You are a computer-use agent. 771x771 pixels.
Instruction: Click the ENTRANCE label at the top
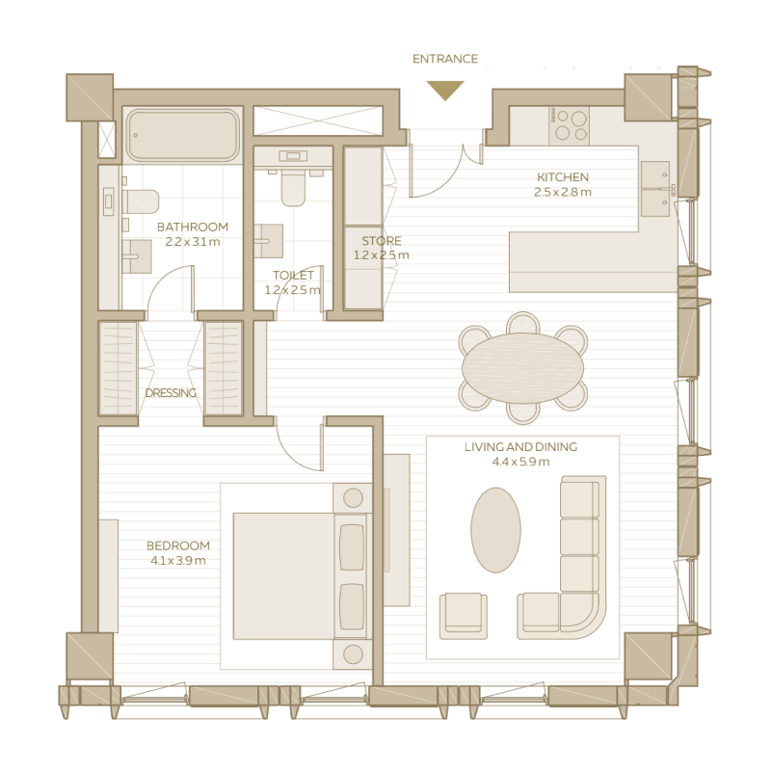[x=445, y=59]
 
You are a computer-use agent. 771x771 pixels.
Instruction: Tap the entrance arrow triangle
[x=445, y=90]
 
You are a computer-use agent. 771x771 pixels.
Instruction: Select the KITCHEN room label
[x=563, y=177]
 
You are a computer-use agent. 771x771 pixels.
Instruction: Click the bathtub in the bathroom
[x=182, y=135]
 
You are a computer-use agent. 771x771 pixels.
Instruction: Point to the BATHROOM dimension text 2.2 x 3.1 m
[x=193, y=242]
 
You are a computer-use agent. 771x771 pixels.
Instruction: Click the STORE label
[x=382, y=241]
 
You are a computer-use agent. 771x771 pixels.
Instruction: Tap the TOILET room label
[x=293, y=276]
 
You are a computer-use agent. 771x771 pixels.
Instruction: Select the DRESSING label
[x=171, y=393]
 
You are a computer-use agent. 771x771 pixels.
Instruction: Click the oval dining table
[x=522, y=367]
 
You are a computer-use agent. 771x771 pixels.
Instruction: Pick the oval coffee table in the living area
[x=495, y=529]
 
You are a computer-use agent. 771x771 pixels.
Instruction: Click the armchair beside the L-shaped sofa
[x=463, y=615]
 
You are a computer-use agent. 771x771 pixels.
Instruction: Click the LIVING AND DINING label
[x=520, y=447]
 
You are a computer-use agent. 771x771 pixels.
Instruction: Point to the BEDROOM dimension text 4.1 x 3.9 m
[x=178, y=560]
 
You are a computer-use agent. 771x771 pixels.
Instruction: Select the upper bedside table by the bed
[x=353, y=497]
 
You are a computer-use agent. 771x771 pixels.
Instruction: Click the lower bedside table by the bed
[x=353, y=654]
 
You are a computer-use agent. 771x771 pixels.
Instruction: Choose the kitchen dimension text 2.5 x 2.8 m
[x=563, y=192]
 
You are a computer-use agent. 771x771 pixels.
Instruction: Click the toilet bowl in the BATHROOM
[x=141, y=201]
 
